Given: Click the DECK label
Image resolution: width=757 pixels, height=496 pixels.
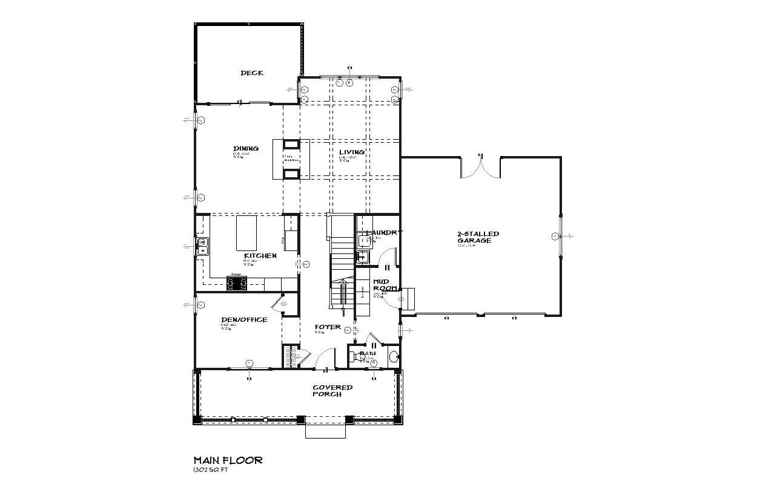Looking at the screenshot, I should tap(251, 73).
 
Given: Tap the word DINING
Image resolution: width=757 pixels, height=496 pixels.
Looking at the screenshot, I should tap(246, 148).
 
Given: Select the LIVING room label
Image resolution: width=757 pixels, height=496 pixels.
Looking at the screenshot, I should tap(351, 152).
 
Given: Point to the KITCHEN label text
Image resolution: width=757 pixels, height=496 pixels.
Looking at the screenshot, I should tap(260, 256).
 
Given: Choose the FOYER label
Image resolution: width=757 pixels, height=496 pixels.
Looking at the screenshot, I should tap(327, 327).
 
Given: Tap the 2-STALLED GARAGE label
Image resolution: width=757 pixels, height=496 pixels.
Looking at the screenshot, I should tap(478, 237).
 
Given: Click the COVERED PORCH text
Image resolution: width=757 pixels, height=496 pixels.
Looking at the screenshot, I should tap(332, 391).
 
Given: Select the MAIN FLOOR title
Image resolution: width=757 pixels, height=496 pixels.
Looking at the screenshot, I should tap(228, 460).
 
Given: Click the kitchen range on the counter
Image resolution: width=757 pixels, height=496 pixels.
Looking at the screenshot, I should tap(237, 283).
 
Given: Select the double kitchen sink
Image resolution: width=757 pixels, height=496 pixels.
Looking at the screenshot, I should tap(203, 246).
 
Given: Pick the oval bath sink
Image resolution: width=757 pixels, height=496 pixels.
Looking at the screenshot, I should tap(393, 356).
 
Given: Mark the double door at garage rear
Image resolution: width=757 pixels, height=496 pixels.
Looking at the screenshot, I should tap(481, 167).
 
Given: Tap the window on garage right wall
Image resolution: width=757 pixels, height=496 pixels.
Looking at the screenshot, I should tap(560, 236).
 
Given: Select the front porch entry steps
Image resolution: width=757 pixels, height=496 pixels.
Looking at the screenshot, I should tap(325, 430).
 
